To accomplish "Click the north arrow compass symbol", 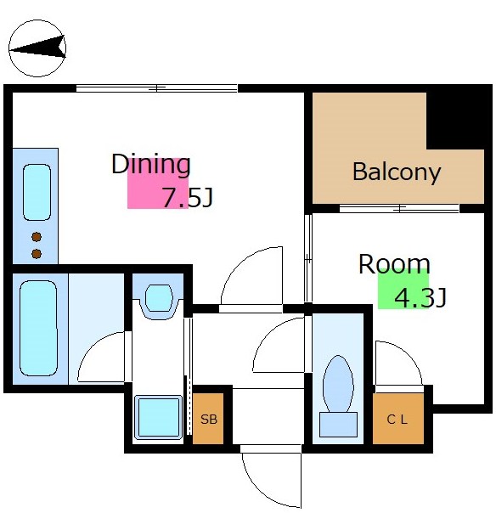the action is pyautogui.click(x=37, y=48).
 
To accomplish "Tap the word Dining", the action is pyautogui.click(x=151, y=165).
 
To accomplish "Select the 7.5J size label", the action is pyautogui.click(x=188, y=197).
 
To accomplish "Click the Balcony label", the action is pyautogui.click(x=397, y=172).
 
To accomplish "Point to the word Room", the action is pyautogui.click(x=394, y=264).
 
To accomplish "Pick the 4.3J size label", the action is pyautogui.click(x=420, y=298).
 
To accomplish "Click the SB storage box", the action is pyautogui.click(x=208, y=419).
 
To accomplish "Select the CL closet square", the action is pyautogui.click(x=398, y=419).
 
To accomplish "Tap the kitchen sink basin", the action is pyautogui.click(x=37, y=192).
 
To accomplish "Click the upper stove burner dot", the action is pyautogui.click(x=37, y=237).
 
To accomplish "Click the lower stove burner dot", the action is pyautogui.click(x=37, y=254).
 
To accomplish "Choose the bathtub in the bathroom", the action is pyautogui.click(x=38, y=328).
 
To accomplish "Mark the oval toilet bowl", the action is pyautogui.click(x=338, y=384).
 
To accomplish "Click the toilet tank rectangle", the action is pyautogui.click(x=338, y=425).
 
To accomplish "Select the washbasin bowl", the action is pyautogui.click(x=158, y=298).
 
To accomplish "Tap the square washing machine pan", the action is pyautogui.click(x=158, y=417).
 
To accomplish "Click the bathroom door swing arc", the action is pyautogui.click(x=93, y=345).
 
